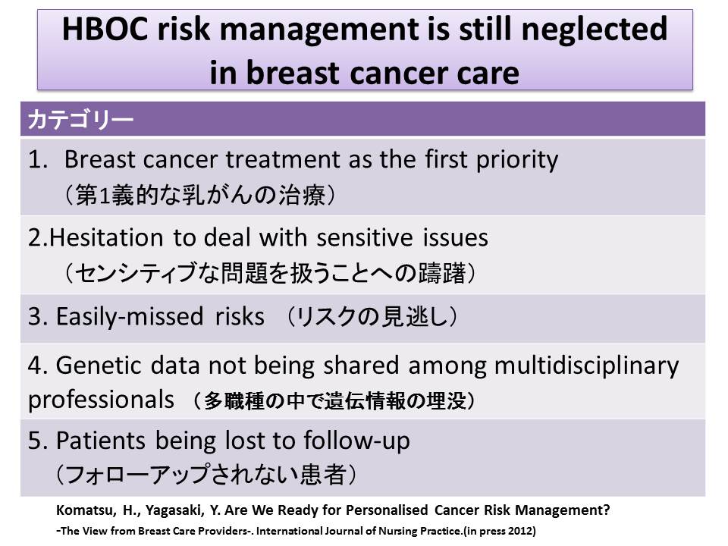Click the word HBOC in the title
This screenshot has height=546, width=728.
[x=105, y=29]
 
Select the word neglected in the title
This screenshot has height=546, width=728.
[x=595, y=30]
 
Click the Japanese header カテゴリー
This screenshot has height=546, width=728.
[x=80, y=119]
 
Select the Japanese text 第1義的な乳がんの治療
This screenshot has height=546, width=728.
[x=200, y=195]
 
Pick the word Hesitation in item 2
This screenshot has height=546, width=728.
[x=106, y=237]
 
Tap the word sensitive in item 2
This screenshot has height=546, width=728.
[x=365, y=237]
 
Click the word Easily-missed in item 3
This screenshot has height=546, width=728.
[x=130, y=317]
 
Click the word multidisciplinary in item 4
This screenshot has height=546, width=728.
[x=586, y=366]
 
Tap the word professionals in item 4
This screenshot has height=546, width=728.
[x=101, y=400]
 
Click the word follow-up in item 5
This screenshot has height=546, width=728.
[x=357, y=441]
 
